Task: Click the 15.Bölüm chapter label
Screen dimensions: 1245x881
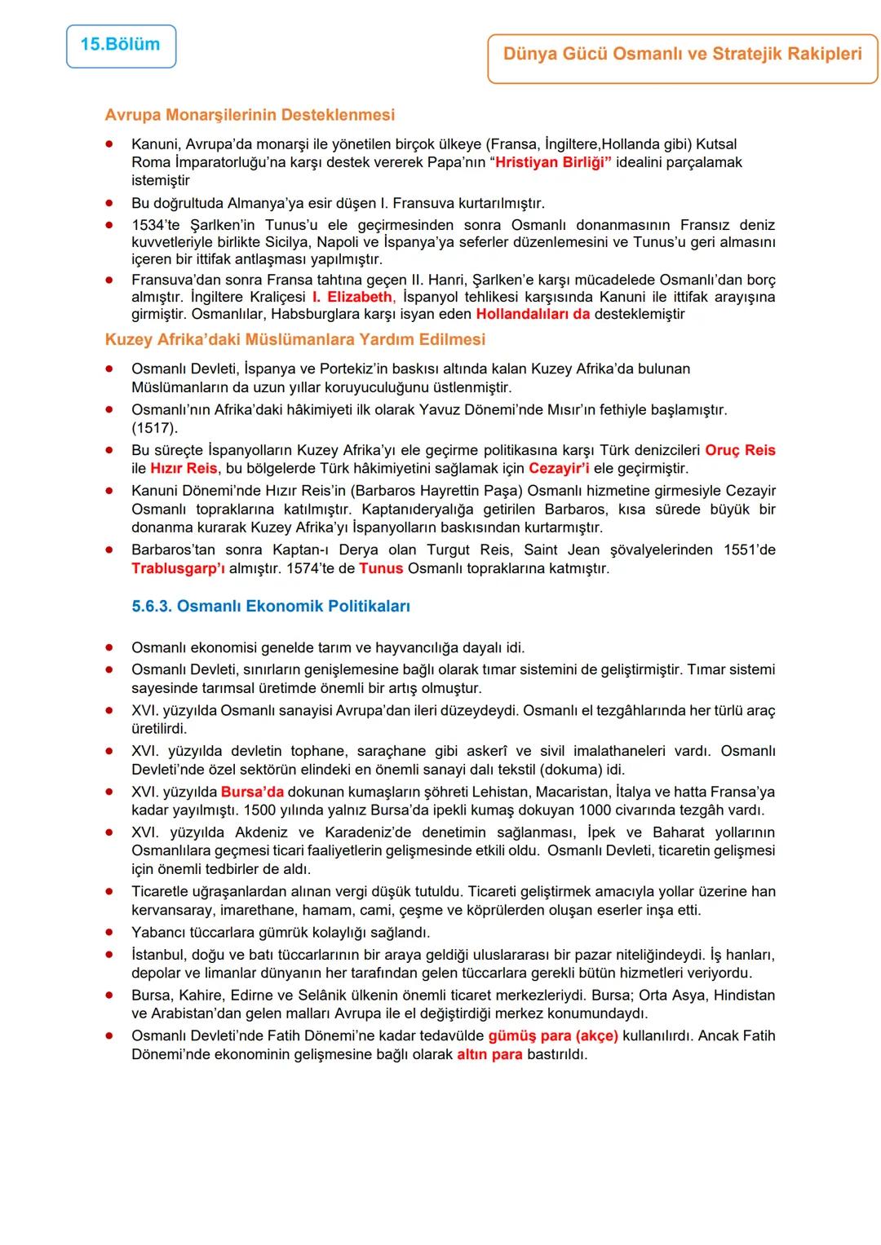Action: (121, 45)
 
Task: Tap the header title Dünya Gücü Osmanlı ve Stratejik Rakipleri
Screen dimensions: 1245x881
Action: (682, 55)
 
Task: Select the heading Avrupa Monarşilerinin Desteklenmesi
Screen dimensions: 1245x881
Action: (250, 115)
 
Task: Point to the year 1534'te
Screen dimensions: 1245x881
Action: (157, 225)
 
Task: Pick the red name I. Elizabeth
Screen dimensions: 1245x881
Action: (352, 297)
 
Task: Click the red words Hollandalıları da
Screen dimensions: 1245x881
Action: (533, 315)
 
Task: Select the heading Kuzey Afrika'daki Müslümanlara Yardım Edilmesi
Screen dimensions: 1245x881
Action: (294, 339)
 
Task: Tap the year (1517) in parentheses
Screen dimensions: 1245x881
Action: (154, 428)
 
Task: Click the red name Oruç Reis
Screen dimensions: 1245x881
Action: (740, 450)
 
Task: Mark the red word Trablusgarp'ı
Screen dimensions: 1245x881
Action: (178, 568)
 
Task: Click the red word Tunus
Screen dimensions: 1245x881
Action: (381, 568)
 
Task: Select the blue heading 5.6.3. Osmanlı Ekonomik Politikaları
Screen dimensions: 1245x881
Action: (271, 607)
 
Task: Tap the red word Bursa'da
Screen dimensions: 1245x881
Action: (252, 792)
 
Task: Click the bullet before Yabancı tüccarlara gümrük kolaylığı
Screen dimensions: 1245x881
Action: (108, 932)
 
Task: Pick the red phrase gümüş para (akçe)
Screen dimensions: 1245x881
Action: (552, 1036)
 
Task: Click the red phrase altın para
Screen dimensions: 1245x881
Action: (489, 1055)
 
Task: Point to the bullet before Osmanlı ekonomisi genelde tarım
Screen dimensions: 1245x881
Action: (108, 648)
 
